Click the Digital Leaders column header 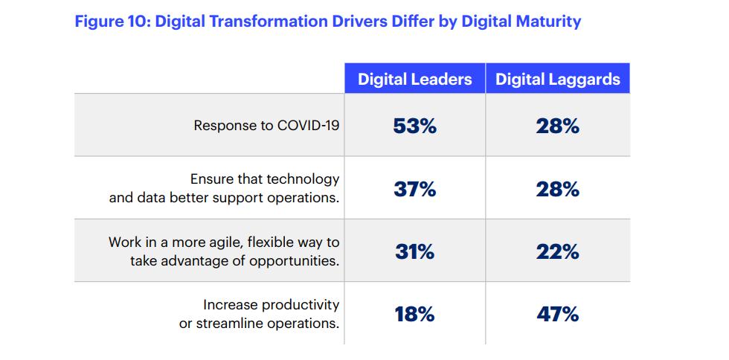(414, 80)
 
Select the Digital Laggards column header (558, 80)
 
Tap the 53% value (414, 126)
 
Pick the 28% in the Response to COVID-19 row (557, 126)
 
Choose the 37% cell (414, 189)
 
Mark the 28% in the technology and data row (557, 189)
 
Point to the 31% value (414, 251)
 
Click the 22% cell (557, 251)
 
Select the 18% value (414, 314)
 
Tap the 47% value (557, 314)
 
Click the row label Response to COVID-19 (266, 126)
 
